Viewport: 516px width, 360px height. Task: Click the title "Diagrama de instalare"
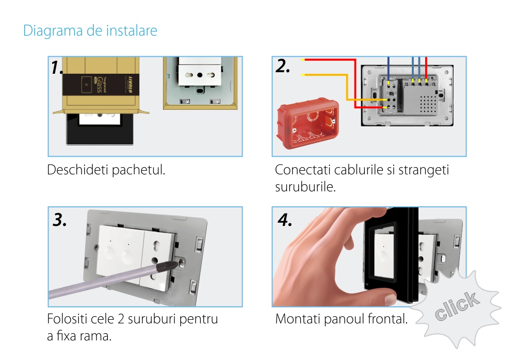coord(90,30)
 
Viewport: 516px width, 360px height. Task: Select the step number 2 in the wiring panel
coord(282,66)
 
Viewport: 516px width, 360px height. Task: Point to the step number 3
coord(59,220)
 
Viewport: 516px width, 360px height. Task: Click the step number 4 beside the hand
coord(285,220)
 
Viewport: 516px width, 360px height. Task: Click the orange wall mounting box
coord(308,123)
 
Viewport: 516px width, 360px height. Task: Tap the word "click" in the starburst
coord(457,305)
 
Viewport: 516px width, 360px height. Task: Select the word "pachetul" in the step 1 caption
coord(138,170)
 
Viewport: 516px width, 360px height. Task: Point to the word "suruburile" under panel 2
coord(305,187)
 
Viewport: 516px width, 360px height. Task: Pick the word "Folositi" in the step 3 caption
coord(67,319)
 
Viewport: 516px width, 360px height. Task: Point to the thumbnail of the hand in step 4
coord(391,299)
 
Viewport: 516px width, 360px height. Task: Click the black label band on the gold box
coord(101,85)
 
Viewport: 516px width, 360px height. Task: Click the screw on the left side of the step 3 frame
coord(96,247)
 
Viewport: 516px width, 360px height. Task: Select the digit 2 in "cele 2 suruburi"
coord(121,319)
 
